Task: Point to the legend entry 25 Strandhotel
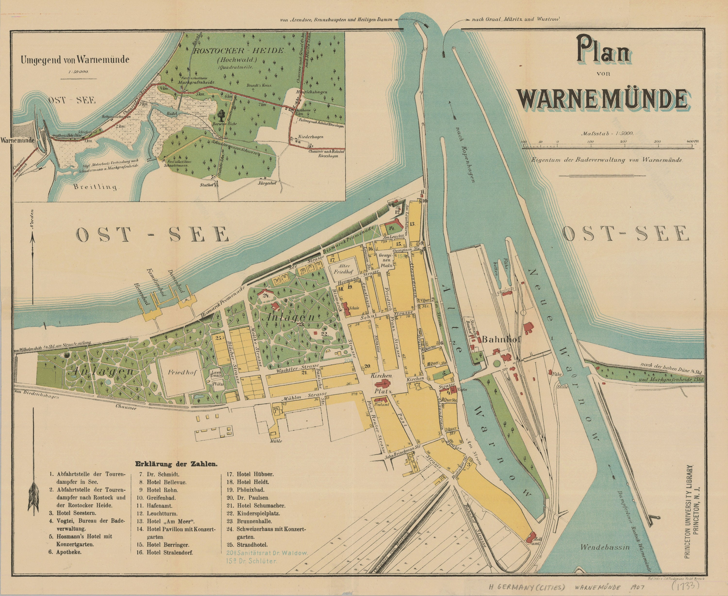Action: [x=252, y=545]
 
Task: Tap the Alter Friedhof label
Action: [x=344, y=269]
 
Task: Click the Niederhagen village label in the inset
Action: [x=310, y=137]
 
